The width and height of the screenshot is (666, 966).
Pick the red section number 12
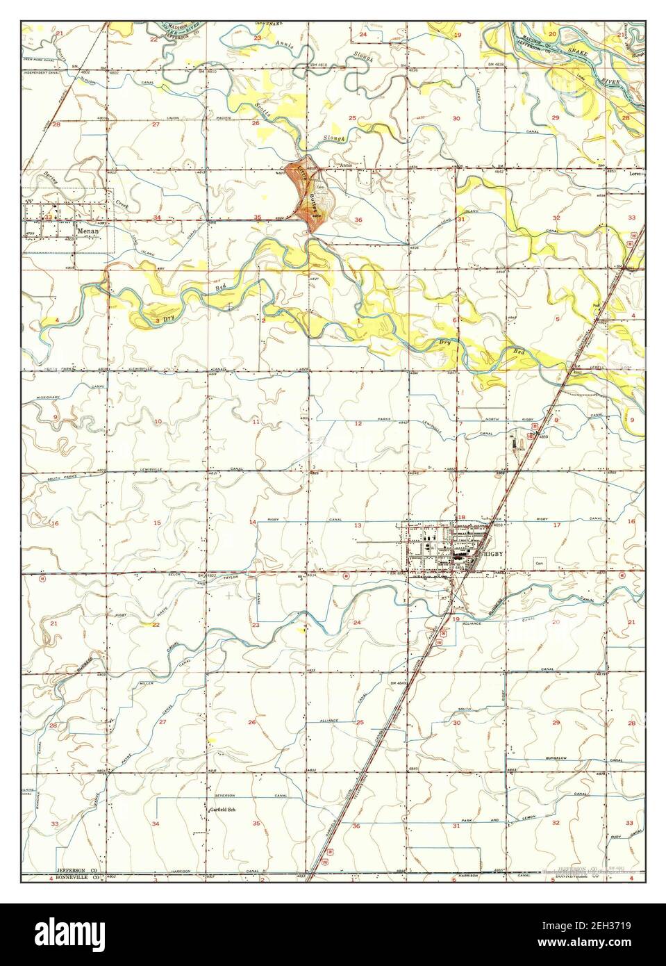coord(358,423)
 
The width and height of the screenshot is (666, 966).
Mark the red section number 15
coord(157,523)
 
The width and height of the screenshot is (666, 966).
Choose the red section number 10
coord(158,422)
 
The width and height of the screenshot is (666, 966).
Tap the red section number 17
coord(556,525)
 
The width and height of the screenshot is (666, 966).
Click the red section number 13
coord(358,525)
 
